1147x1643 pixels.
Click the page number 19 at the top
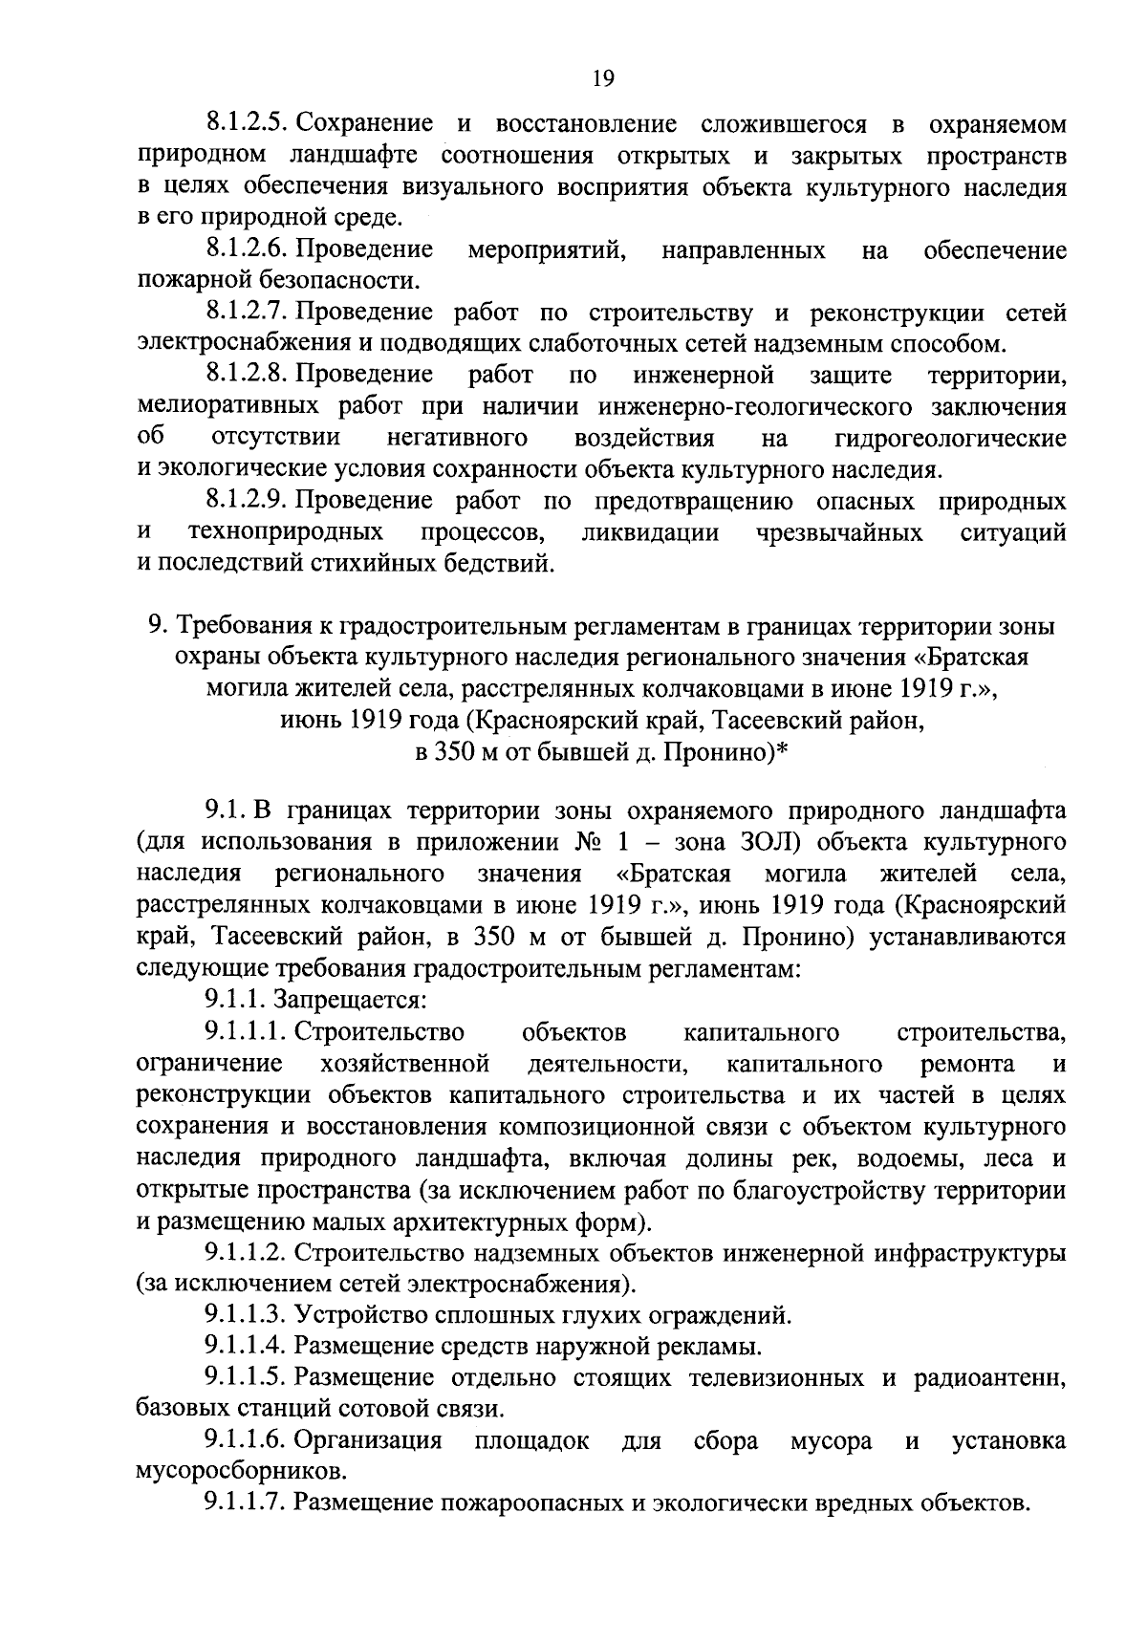coord(603,78)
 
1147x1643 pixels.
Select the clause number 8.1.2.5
coord(247,123)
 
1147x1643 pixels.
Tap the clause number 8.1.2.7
coord(247,313)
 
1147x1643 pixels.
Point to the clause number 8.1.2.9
coord(247,502)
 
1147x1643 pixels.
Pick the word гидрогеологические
coord(950,439)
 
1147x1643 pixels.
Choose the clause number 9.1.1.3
coord(246,1316)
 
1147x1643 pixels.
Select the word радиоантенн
coord(991,1379)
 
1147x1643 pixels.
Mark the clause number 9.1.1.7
coord(246,1503)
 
